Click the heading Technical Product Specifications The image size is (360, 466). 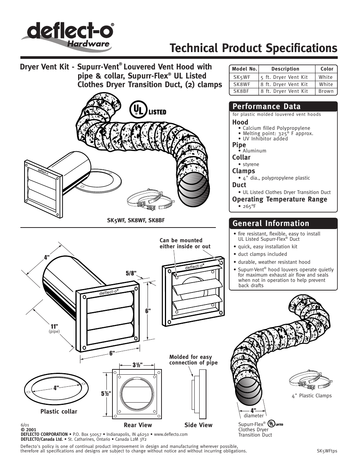point(253,48)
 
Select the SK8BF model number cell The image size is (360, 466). point(241,91)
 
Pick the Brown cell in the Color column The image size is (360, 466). point(326,91)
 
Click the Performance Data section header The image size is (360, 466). point(266,106)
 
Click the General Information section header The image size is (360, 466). point(271,223)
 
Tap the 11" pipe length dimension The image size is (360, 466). point(54,326)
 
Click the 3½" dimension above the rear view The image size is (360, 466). point(137,365)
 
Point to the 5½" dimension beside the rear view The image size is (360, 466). point(106,394)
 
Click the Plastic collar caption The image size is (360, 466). point(58,411)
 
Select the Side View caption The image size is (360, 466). point(198,425)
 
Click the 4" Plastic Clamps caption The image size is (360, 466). point(312,395)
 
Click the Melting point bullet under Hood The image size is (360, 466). point(278,133)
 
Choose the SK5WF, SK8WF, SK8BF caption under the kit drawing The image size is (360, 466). point(136,220)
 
